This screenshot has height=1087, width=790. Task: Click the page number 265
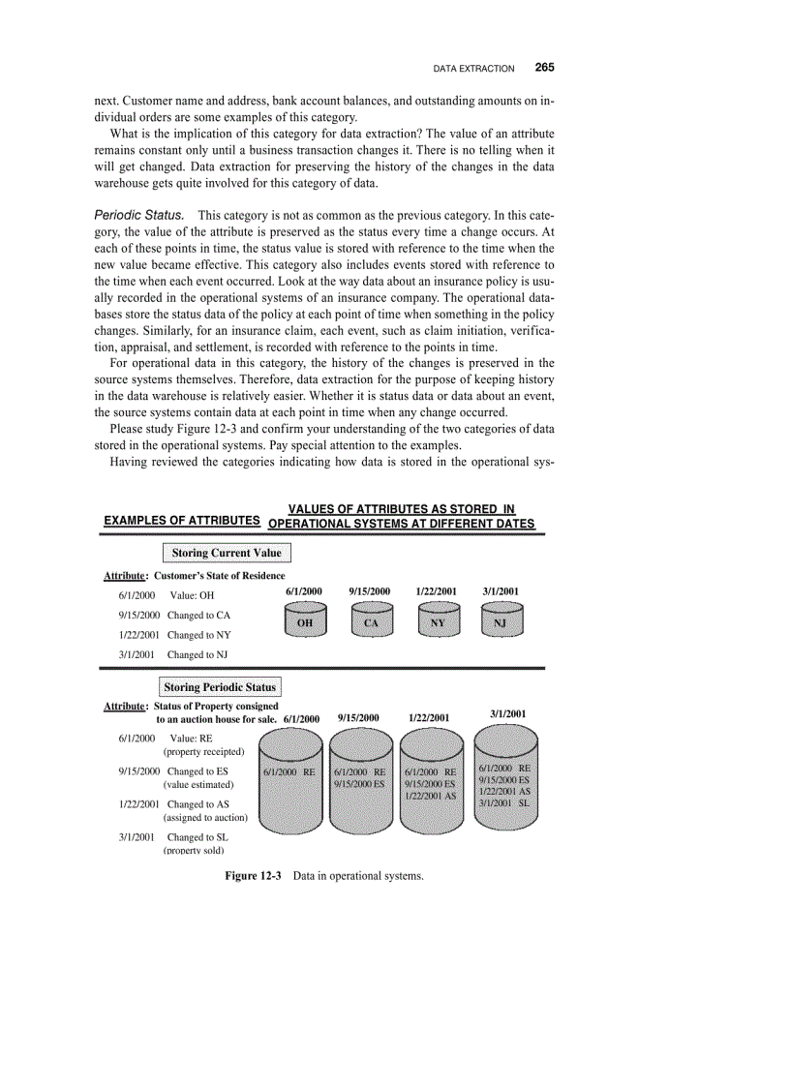[x=544, y=68]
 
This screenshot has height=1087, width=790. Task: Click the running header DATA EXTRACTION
[x=473, y=69]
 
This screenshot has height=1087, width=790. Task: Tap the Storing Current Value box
[x=227, y=553]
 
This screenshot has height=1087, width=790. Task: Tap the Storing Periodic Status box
[x=220, y=687]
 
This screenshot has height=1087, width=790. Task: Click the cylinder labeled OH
[x=304, y=621]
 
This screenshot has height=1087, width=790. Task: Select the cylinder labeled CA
[x=371, y=621]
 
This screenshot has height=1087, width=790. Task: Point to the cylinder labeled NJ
[x=501, y=621]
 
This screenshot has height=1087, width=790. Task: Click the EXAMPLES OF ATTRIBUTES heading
[x=181, y=521]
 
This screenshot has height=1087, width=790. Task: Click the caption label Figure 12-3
[x=253, y=876]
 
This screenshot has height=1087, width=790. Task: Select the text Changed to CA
[x=198, y=615]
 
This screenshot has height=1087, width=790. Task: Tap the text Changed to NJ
[x=197, y=654]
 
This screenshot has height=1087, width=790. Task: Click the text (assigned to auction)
[x=205, y=817]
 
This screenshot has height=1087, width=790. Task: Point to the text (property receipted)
[x=203, y=751]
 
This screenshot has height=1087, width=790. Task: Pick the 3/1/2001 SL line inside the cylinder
[x=504, y=802]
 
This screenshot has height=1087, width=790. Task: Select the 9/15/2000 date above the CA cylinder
[x=369, y=590]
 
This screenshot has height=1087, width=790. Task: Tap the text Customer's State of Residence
[x=220, y=576]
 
